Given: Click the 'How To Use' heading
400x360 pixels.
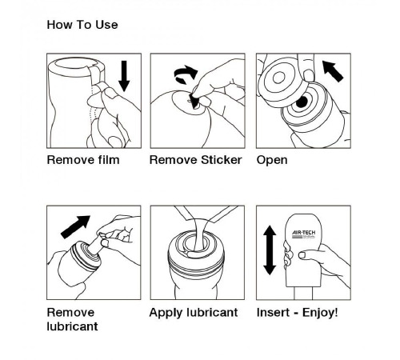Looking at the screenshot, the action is (x=82, y=25).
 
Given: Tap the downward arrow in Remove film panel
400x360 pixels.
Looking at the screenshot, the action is (x=124, y=76).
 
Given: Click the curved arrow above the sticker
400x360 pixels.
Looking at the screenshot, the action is (x=186, y=74).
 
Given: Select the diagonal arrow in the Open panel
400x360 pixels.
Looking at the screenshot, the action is (x=333, y=71).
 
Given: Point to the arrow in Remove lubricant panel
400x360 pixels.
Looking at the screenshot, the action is (x=75, y=226).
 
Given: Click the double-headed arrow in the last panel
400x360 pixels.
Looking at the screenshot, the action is (x=270, y=250).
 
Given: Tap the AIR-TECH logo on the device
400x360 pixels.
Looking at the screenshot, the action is (x=303, y=234).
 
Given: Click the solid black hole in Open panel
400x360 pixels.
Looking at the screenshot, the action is (x=302, y=102).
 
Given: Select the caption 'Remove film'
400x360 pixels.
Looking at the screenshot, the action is (x=83, y=160).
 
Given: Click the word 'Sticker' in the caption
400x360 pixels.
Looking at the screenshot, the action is (x=222, y=160).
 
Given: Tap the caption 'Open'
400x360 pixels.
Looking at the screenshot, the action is (x=272, y=161).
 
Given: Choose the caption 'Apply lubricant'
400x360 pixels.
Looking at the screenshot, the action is (x=194, y=313).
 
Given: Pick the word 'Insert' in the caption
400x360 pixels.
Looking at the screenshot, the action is (x=273, y=313).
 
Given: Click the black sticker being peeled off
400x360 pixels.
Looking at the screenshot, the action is (x=194, y=102).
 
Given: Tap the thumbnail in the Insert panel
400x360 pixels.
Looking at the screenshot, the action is (x=302, y=255).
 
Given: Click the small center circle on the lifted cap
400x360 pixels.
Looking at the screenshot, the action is (x=279, y=78).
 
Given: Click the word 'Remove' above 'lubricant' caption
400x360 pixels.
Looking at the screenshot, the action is (x=70, y=313).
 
